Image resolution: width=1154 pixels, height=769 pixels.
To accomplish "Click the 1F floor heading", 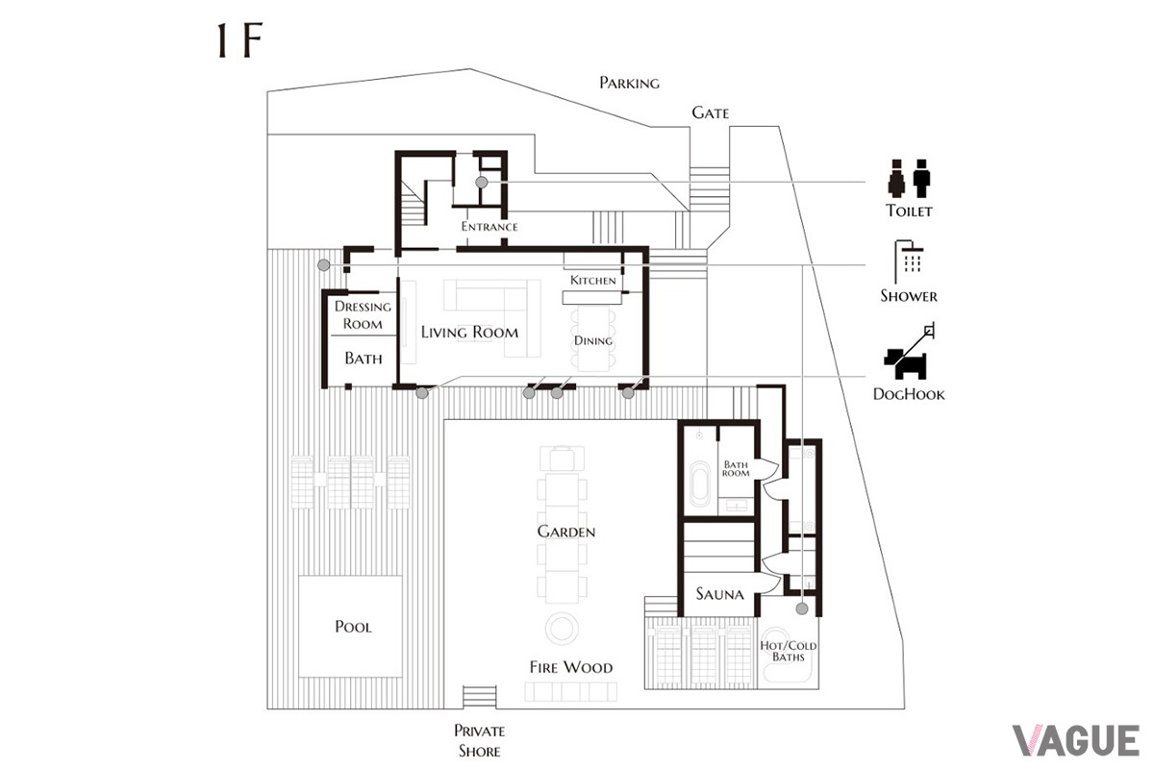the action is (x=239, y=40).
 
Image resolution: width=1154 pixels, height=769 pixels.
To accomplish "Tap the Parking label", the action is (x=629, y=83).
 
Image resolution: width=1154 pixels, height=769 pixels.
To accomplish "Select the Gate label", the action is (x=710, y=112).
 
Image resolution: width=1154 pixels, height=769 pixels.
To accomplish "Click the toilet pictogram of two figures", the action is (x=910, y=178).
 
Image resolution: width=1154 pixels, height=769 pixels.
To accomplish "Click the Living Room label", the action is (x=469, y=333).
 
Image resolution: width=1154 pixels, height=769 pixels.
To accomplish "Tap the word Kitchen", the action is (x=593, y=280).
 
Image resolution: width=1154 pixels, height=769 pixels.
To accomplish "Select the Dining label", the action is (x=593, y=340).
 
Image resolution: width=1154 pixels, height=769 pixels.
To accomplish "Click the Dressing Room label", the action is (x=363, y=315).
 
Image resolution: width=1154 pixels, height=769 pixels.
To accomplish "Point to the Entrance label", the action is (x=489, y=227).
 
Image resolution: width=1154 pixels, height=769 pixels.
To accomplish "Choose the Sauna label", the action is (x=719, y=594).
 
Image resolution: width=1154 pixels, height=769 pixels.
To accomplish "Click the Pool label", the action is (x=353, y=627).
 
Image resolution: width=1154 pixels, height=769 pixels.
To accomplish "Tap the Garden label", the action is (x=566, y=532).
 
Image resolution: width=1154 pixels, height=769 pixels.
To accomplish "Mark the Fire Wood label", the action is (x=571, y=667).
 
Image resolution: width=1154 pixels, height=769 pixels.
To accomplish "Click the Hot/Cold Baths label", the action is (x=789, y=651).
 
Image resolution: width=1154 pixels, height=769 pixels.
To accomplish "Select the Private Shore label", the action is (x=479, y=741).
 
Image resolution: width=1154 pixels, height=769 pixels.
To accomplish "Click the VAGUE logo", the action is (x=1076, y=741).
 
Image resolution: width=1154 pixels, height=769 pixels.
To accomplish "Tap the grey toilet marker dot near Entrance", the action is (x=481, y=183).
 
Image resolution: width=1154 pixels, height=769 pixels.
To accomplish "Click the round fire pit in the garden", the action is (x=562, y=628).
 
